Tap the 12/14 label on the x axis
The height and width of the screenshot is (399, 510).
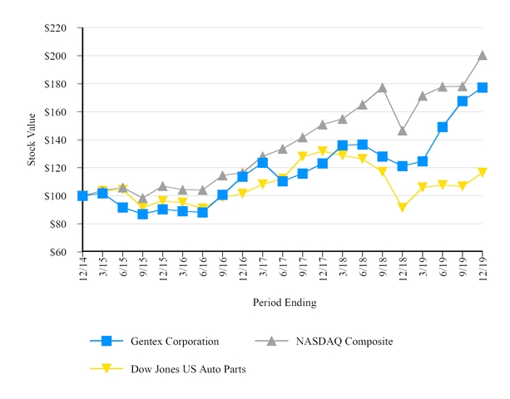click(x=83, y=270)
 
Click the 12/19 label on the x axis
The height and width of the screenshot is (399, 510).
click(x=483, y=270)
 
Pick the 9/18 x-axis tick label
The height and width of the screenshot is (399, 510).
click(x=383, y=270)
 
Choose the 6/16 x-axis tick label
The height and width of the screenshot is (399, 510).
click(x=203, y=270)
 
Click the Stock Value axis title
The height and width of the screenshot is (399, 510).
click(x=32, y=140)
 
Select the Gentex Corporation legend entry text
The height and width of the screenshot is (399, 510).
click(x=174, y=341)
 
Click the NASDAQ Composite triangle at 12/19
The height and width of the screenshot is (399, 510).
click(x=483, y=56)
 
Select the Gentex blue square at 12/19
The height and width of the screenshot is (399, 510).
click(x=483, y=87)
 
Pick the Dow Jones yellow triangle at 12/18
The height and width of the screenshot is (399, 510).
click(x=403, y=208)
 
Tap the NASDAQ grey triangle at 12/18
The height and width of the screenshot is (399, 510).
click(x=403, y=131)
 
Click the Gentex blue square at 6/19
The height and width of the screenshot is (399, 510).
click(x=443, y=127)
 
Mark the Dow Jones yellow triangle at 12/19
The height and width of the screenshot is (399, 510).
click(x=483, y=173)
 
